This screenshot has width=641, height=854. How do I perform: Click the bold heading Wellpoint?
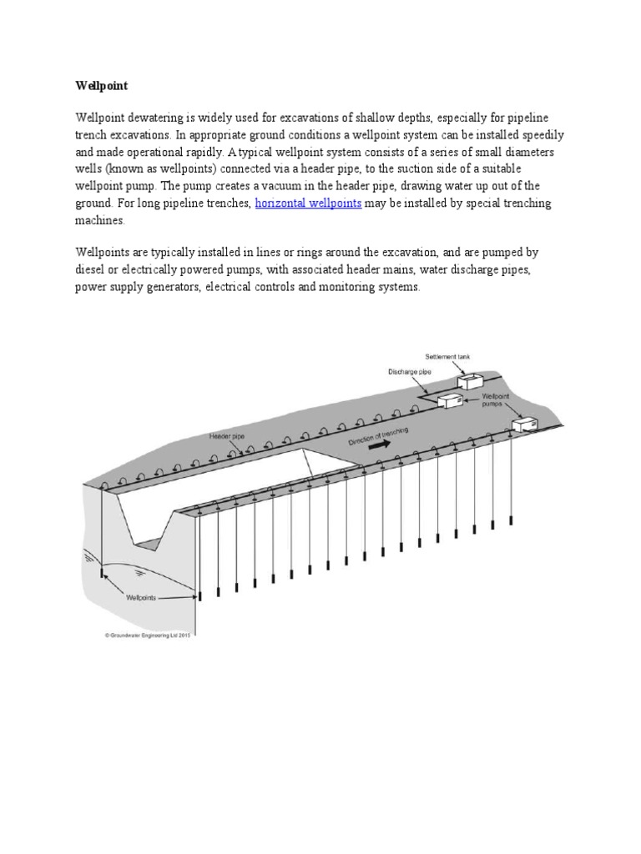[x=99, y=85]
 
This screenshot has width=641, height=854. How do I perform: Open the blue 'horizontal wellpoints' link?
[x=308, y=204]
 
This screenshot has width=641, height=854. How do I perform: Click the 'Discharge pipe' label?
[x=409, y=372]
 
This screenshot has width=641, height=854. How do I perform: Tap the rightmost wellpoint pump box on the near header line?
[x=526, y=423]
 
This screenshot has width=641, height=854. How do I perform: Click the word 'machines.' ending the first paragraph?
[x=100, y=222]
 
